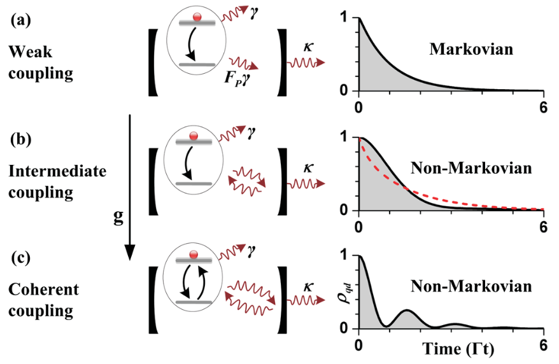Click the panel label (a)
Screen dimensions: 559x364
pos(21,20)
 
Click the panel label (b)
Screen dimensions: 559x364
pos(21,139)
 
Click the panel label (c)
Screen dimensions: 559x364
pos(21,258)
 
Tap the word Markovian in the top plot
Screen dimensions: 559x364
pos(471,49)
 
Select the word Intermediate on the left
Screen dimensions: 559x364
pos(57,171)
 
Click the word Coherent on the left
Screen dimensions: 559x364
pos(43,289)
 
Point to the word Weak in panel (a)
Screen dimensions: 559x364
pos(31,52)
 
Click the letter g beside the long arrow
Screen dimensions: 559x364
pos(118,216)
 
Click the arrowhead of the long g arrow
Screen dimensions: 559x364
pos(130,253)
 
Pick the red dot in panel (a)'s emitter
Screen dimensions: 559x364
pos(197,17)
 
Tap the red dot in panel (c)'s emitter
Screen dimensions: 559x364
pos(194,255)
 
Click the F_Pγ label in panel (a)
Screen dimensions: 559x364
pos(237,79)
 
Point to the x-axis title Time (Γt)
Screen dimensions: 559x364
pos(458,349)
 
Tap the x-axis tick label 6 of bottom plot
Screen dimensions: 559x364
pos(543,345)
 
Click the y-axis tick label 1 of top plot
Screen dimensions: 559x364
pos(344,18)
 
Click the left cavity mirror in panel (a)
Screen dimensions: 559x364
pos(153,63)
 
